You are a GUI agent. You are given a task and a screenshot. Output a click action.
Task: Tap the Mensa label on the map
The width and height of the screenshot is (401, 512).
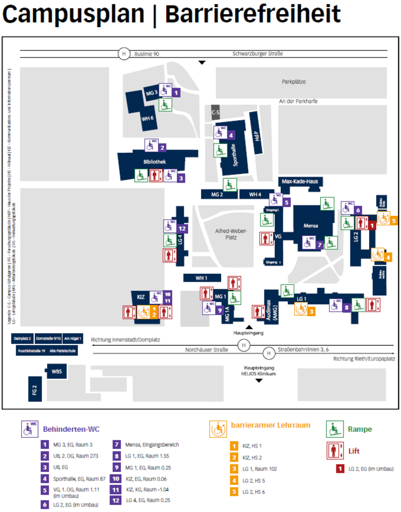pyautogui.click(x=311, y=226)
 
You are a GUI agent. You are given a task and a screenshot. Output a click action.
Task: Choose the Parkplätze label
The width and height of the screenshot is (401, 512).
pyautogui.click(x=294, y=82)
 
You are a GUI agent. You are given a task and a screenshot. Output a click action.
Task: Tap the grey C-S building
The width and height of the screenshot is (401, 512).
pyautogui.click(x=215, y=113)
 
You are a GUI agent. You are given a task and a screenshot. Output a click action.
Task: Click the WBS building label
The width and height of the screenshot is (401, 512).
pyautogui.click(x=57, y=373)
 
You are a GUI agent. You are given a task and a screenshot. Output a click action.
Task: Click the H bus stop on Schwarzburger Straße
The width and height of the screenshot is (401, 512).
pyautogui.click(x=124, y=54)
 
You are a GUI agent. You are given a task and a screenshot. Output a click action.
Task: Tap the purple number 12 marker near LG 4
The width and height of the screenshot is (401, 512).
pyautogui.click(x=182, y=229)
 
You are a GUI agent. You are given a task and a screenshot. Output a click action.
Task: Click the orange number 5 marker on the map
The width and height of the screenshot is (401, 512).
pyautogui.click(x=393, y=221)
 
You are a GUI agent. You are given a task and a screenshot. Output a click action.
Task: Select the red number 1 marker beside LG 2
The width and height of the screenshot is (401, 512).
pyautogui.click(x=372, y=225)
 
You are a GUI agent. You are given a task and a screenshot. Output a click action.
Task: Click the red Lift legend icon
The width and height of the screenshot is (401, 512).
pyautogui.click(x=334, y=450)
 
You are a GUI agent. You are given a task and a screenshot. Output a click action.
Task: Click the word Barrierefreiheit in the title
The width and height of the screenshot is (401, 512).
pyautogui.click(x=253, y=15)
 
